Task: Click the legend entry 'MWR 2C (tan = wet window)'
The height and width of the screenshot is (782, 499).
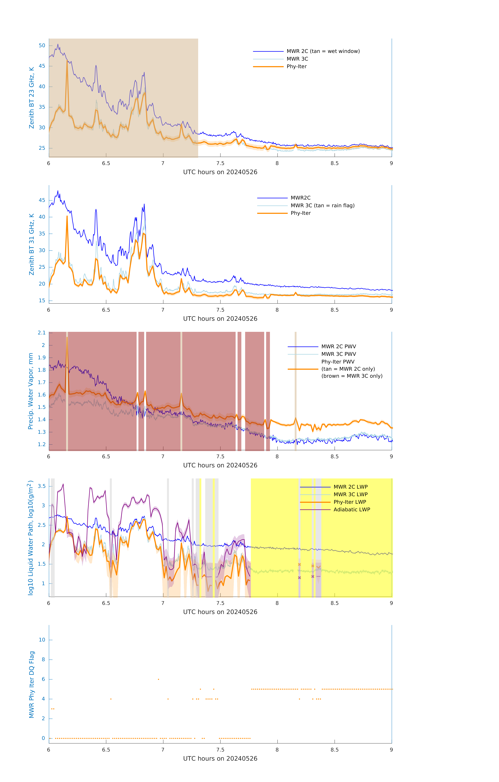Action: click(x=323, y=51)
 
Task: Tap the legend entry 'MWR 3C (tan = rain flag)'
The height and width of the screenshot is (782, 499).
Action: click(x=322, y=206)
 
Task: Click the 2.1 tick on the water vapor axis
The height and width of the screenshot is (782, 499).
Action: click(x=42, y=333)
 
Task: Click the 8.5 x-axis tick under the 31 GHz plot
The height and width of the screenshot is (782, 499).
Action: click(x=334, y=310)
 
